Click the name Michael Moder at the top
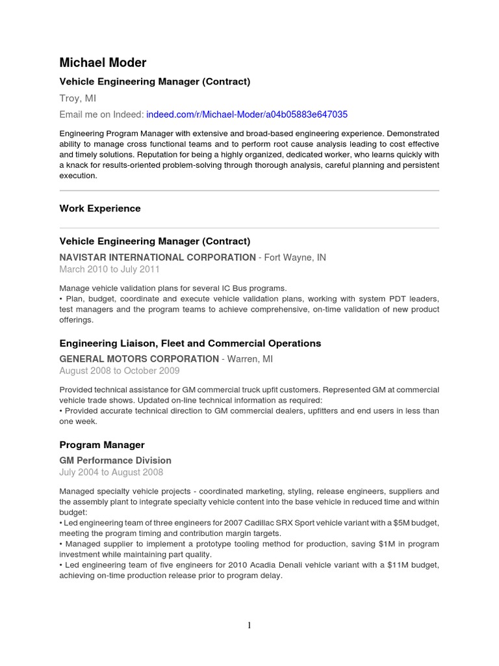103,62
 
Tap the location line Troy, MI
79,98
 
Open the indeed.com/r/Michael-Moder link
247,114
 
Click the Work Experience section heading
99,209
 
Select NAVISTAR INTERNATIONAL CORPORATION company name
157,258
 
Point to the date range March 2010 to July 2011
109,269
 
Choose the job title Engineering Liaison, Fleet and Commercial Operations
190,343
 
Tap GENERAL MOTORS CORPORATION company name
139,359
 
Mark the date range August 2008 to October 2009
119,371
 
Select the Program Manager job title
101,445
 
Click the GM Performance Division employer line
115,460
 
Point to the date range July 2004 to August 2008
111,472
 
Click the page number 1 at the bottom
249,626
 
